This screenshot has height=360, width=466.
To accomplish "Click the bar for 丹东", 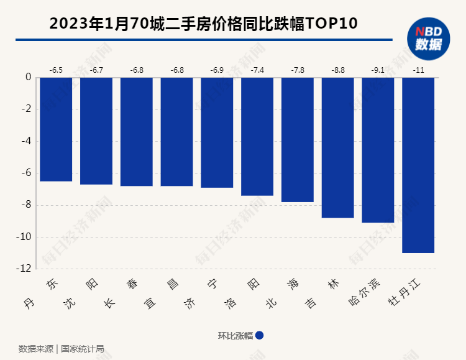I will tap(56, 129).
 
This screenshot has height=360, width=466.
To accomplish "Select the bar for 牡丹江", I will tap(418, 165).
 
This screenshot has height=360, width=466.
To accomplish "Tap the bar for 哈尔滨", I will tap(378, 150).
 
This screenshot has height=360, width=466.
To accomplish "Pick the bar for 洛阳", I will tap(257, 136).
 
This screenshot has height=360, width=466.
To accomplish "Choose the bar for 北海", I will tap(298, 139).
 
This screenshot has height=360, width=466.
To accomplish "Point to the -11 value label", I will tap(418, 70).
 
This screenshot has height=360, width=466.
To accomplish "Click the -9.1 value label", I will tap(378, 70).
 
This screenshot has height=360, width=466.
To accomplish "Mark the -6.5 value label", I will tap(56, 70).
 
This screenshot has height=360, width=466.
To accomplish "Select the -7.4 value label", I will tap(257, 70).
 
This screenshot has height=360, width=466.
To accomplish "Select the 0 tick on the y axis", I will tap(28, 78).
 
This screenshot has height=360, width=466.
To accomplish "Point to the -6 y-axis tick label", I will tap(25, 173).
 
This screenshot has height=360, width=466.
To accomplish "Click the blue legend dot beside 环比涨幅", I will tap(260, 335).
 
